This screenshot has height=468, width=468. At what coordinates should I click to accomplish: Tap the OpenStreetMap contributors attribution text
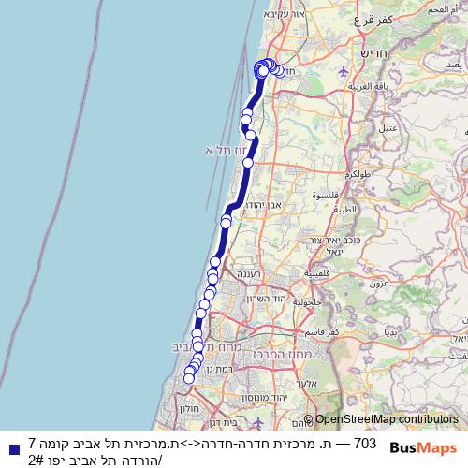386,420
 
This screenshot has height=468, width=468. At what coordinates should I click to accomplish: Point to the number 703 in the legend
365,443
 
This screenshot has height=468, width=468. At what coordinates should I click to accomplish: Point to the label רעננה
244,273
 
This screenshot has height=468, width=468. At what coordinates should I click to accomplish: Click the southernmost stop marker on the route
188,378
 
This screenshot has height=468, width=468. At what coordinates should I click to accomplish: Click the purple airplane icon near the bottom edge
245,423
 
